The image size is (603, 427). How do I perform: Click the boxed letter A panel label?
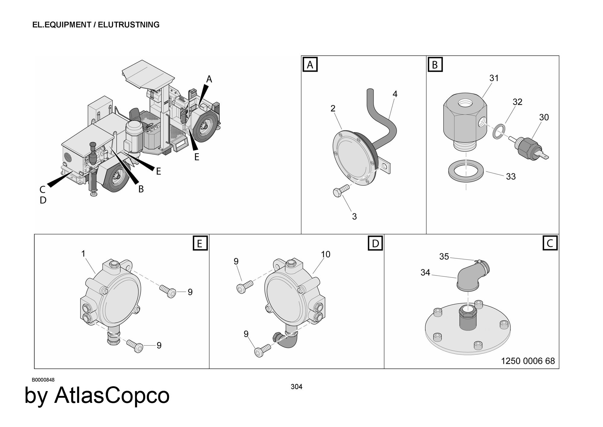pyautogui.click(x=310, y=65)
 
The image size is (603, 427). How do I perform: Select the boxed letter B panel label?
pyautogui.click(x=435, y=65)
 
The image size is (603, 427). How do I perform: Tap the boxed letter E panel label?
pyautogui.click(x=200, y=243)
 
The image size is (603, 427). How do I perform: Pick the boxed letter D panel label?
pyautogui.click(x=375, y=243)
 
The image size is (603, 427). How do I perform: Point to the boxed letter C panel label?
pyautogui.click(x=550, y=243)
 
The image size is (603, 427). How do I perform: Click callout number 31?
pyautogui.click(x=494, y=78)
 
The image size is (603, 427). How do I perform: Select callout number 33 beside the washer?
pyautogui.click(x=511, y=177)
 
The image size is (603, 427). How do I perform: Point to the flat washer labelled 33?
pyautogui.click(x=466, y=171)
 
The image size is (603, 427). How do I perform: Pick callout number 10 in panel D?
pyautogui.click(x=326, y=254)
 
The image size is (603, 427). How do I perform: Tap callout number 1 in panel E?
pyautogui.click(x=84, y=253)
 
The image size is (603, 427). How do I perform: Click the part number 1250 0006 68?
pyautogui.click(x=528, y=361)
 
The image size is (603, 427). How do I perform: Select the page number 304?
pyautogui.click(x=296, y=387)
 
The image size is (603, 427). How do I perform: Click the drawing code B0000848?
pyautogui.click(x=43, y=380)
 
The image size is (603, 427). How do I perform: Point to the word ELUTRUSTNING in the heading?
pyautogui.click(x=129, y=25)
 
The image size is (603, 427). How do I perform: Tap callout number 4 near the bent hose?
pyautogui.click(x=395, y=94)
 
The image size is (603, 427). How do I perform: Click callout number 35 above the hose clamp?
pyautogui.click(x=444, y=257)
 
